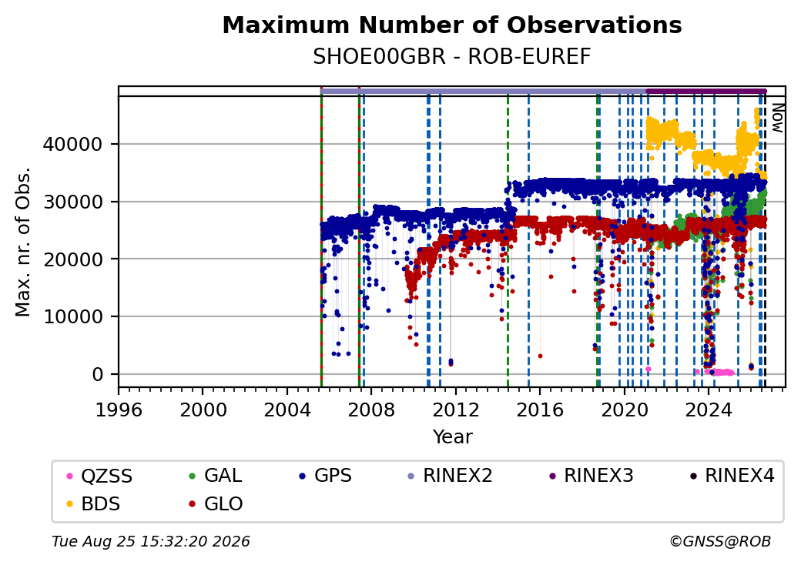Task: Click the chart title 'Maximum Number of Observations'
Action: click(x=452, y=25)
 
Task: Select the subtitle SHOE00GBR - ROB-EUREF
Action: click(x=452, y=56)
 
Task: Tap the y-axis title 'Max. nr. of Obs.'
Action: click(x=22, y=242)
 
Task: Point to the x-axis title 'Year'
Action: click(x=453, y=437)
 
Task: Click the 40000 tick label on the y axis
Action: click(x=72, y=145)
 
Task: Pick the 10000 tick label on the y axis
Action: click(x=72, y=317)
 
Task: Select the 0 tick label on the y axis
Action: click(x=98, y=375)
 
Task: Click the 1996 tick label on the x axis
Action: click(x=119, y=410)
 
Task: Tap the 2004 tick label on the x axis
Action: click(x=287, y=410)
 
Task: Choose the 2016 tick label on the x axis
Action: click(x=540, y=410)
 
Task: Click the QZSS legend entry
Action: click(x=99, y=476)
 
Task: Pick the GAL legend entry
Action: click(x=216, y=476)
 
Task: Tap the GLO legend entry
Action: click(x=216, y=503)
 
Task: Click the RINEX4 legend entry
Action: click(x=732, y=476)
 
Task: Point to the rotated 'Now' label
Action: click(x=777, y=118)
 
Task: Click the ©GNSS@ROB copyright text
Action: click(x=720, y=541)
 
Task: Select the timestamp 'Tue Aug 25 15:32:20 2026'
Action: click(x=151, y=541)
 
